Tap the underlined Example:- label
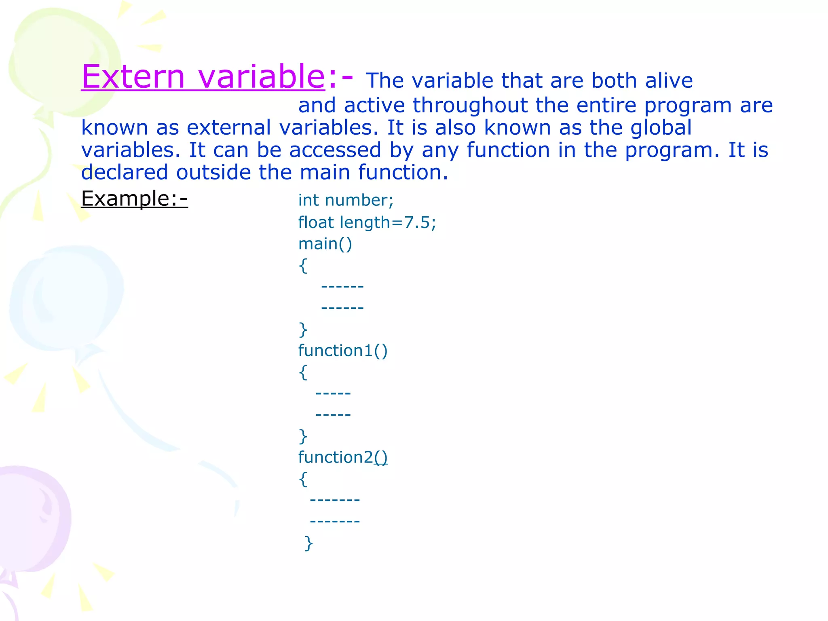pyautogui.click(x=134, y=199)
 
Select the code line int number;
pyautogui.click(x=346, y=201)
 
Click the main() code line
pyautogui.click(x=325, y=244)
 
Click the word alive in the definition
pyautogui.click(x=669, y=80)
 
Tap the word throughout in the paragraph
pyautogui.click(x=470, y=105)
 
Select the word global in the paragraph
pyautogui.click(x=661, y=127)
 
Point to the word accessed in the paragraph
pyautogui.click(x=335, y=150)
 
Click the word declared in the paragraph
pyautogui.click(x=124, y=172)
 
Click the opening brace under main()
pyautogui.click(x=303, y=266)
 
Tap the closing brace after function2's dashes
pyautogui.click(x=309, y=543)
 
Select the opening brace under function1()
pyautogui.click(x=303, y=372)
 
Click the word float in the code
pyautogui.click(x=316, y=222)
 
